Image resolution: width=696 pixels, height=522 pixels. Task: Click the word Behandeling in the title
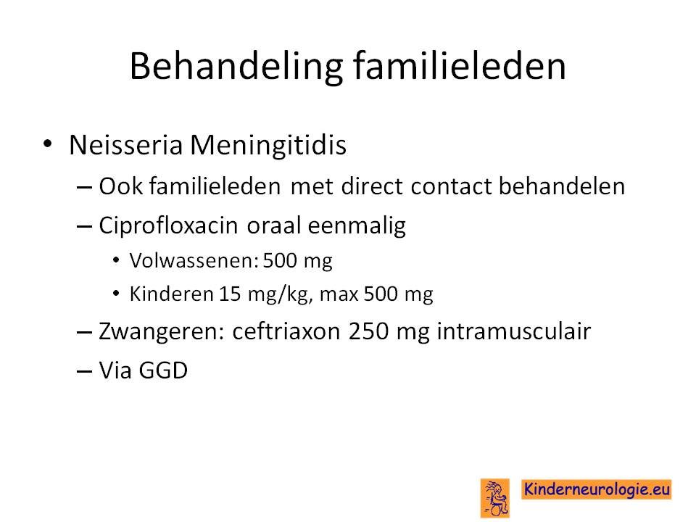(x=236, y=67)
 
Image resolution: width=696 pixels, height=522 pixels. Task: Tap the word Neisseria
(x=125, y=145)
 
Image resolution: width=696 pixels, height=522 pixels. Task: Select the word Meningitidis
(x=268, y=145)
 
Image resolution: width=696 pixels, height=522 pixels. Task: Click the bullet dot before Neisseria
(x=48, y=144)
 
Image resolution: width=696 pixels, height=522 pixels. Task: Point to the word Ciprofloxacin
(x=169, y=225)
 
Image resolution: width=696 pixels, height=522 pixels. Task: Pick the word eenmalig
(x=357, y=225)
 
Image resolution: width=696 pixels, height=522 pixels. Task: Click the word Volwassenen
(x=194, y=260)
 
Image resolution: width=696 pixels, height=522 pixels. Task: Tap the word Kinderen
(x=171, y=294)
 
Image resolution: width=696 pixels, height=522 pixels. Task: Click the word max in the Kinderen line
(x=339, y=295)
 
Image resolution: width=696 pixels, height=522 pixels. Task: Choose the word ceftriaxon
(x=286, y=331)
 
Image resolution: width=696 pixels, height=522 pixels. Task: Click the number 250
(x=368, y=331)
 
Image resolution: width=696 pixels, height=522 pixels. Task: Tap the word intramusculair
(x=513, y=331)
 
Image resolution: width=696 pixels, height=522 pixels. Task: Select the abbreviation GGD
(x=163, y=370)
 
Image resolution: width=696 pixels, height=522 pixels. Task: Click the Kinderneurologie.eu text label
(x=597, y=489)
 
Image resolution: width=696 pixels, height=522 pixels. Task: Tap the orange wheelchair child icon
(x=495, y=498)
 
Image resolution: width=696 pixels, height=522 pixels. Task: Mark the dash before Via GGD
(x=84, y=370)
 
